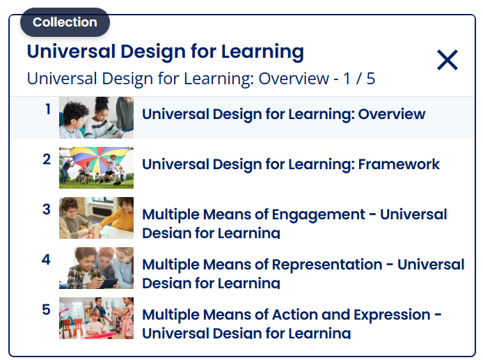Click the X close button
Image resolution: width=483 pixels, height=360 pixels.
point(447,61)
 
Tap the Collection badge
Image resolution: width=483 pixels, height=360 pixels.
point(65,22)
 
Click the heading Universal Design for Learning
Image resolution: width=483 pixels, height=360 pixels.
point(165,52)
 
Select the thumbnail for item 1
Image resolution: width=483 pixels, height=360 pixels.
point(96,118)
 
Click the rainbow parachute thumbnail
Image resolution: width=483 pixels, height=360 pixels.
point(96,168)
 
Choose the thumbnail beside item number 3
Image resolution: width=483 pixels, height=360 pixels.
point(96,218)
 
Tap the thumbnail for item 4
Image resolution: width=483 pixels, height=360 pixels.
point(96,268)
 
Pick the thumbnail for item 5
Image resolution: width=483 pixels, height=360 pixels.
point(96,318)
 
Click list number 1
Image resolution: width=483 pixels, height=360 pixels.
point(48,109)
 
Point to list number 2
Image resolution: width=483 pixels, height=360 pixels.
point(47,159)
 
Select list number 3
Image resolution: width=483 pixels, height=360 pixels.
point(47,210)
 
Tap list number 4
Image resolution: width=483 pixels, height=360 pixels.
point(47,260)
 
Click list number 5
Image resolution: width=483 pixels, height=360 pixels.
point(47,310)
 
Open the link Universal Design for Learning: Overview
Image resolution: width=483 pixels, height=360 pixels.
point(283,114)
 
